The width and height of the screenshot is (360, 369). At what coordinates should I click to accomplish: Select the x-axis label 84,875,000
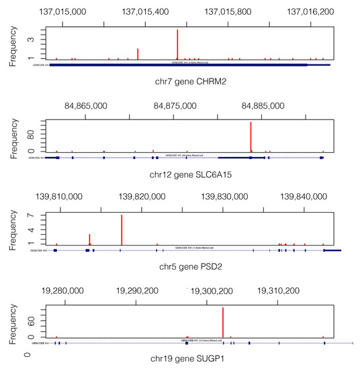click(176, 105)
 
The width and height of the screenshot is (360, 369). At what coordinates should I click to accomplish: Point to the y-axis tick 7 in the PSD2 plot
click(32, 216)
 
